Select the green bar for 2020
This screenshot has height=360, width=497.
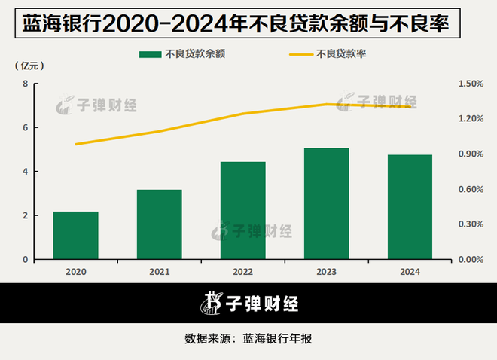pyautogui.click(x=75, y=236)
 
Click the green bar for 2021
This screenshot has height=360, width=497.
pyautogui.click(x=159, y=224)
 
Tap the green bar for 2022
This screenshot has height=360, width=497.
pyautogui.click(x=242, y=211)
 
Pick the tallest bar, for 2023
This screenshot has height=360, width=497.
pyautogui.click(x=326, y=203)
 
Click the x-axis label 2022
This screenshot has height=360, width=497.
pyautogui.click(x=242, y=271)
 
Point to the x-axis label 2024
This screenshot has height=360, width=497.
pyautogui.click(x=410, y=271)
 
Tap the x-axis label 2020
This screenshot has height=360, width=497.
pyautogui.click(x=75, y=271)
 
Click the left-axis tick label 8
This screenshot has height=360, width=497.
pyautogui.click(x=26, y=84)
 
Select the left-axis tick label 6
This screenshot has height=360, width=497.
pyautogui.click(x=26, y=128)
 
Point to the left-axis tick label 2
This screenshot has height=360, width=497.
pyautogui.click(x=26, y=216)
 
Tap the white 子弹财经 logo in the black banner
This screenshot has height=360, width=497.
pyautogui.click(x=248, y=304)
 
